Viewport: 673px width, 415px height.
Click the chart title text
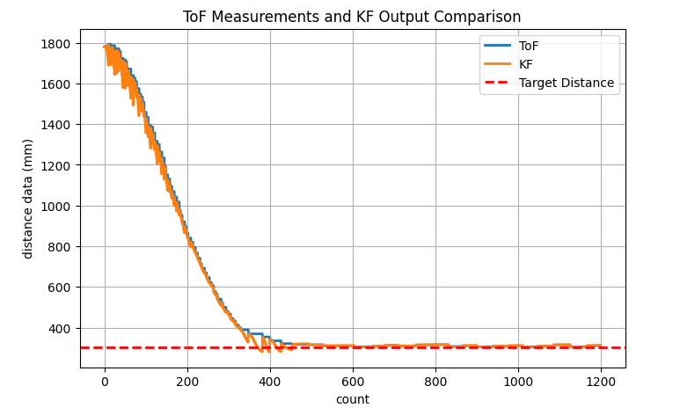[352, 17]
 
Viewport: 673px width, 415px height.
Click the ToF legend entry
[529, 46]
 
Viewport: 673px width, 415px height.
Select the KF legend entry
[526, 64]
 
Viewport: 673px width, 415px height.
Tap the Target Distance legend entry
[566, 84]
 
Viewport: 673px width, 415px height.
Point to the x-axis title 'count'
[352, 399]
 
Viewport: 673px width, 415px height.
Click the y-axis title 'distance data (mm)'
[28, 199]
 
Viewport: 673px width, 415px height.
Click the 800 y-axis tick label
[62, 247]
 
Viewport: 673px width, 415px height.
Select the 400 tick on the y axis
[62, 328]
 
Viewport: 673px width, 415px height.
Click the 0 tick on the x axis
[105, 381]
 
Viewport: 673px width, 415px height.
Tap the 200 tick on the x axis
[187, 381]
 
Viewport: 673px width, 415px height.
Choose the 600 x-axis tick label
[353, 381]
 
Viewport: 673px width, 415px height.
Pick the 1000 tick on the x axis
[518, 381]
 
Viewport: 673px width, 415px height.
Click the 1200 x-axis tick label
[601, 381]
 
